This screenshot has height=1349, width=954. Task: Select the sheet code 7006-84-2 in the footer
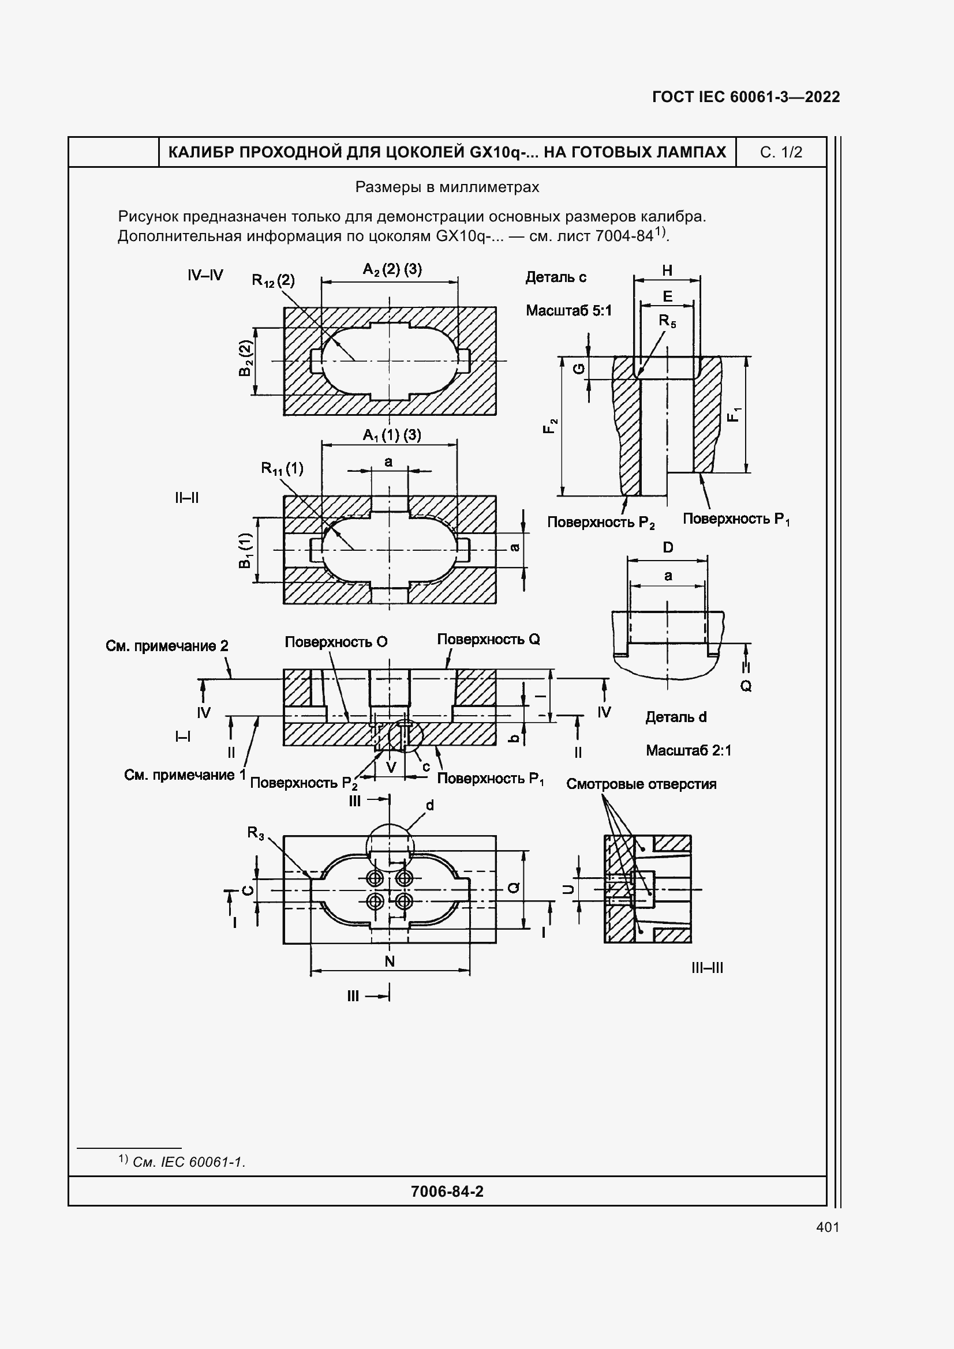pos(447,1191)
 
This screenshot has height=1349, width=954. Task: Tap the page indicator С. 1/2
pos(781,152)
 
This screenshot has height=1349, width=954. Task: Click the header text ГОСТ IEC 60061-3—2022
pos(746,97)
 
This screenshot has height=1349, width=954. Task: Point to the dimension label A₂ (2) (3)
pos(392,270)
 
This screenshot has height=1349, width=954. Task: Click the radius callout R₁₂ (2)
pos(274,280)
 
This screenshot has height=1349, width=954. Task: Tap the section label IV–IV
pos(205,275)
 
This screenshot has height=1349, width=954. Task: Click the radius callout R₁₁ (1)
pos(282,468)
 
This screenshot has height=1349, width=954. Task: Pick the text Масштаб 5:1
pos(568,310)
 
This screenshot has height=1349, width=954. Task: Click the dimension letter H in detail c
pos(667,270)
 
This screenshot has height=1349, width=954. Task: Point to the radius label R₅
pos(667,321)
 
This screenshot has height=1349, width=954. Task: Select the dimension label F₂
pos(550,426)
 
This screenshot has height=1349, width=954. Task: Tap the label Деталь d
pos(676,717)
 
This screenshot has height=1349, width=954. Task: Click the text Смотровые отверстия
pos(641,784)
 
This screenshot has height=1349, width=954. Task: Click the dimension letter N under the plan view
pos(390,961)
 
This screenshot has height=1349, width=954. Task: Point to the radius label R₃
pos(256,833)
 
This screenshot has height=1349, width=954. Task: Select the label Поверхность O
pos(336,641)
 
